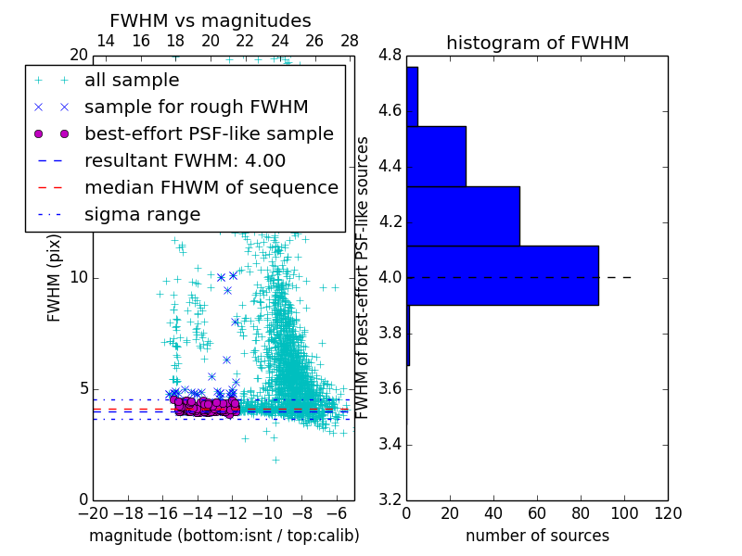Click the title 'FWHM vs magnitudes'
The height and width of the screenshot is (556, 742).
(211, 21)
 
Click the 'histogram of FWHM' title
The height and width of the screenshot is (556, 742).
(537, 44)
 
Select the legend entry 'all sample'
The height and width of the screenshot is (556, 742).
(132, 81)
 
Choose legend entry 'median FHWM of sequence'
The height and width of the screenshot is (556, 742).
(211, 188)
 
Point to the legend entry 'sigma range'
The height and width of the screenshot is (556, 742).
(142, 215)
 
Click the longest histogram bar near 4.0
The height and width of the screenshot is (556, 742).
(502, 275)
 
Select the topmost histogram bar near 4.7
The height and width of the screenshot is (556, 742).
(412, 96)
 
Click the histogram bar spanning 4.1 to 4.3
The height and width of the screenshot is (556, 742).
(463, 216)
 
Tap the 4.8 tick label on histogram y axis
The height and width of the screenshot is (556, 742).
(390, 56)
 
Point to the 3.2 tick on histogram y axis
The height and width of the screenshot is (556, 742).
(390, 499)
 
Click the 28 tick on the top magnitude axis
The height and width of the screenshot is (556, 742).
(350, 41)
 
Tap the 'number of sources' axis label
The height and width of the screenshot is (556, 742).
(537, 536)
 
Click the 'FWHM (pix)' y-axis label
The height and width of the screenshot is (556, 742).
(55, 278)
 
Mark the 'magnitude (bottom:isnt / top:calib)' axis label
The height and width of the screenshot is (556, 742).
(224, 536)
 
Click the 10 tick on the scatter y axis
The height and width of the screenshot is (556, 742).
(78, 278)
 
